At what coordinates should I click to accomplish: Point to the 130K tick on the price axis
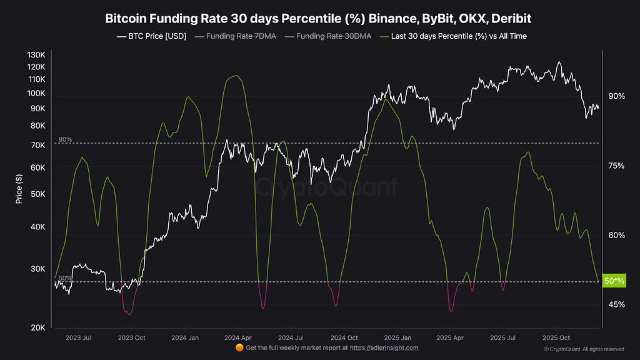click(36, 55)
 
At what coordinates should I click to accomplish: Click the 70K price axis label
click(37, 146)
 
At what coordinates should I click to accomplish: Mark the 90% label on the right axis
click(616, 96)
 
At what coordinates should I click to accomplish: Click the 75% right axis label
click(616, 166)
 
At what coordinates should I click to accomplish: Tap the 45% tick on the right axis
click(616, 304)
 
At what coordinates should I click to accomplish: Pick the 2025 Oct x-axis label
click(556, 337)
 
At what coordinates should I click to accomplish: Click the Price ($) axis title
click(19, 189)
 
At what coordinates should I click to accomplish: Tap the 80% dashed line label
click(65, 139)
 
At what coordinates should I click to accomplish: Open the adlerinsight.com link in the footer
click(384, 348)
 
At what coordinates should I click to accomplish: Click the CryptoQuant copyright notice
click(584, 349)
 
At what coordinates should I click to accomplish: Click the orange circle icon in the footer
click(239, 347)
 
